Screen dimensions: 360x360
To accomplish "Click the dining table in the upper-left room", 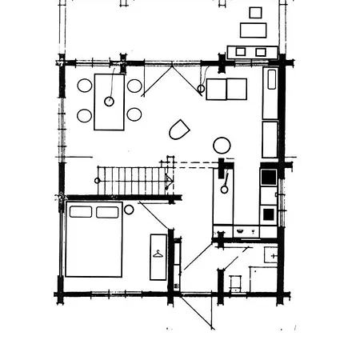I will point(110,102).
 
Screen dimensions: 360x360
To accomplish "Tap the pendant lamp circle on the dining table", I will point(109,102).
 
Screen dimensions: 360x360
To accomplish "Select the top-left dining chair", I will point(84,86).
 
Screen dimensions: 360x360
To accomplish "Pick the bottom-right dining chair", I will point(134,114).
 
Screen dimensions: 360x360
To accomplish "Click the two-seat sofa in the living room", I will point(226,89).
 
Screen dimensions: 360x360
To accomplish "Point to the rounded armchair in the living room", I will point(179,130).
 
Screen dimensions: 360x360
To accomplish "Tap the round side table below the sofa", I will point(222,145).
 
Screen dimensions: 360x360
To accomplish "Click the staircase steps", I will point(132,180).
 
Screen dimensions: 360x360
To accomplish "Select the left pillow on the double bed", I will point(80,212).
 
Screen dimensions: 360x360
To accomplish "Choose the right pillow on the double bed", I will point(107,212).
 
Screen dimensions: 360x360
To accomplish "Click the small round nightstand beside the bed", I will point(129,210).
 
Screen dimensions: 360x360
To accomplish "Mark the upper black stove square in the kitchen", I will point(269,177).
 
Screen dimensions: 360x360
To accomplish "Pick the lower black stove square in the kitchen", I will point(268,214).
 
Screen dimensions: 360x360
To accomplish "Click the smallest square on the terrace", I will point(255,12).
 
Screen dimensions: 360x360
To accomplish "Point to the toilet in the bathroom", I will point(235,282).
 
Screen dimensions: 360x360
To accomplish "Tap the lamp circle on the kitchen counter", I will point(225,189).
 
